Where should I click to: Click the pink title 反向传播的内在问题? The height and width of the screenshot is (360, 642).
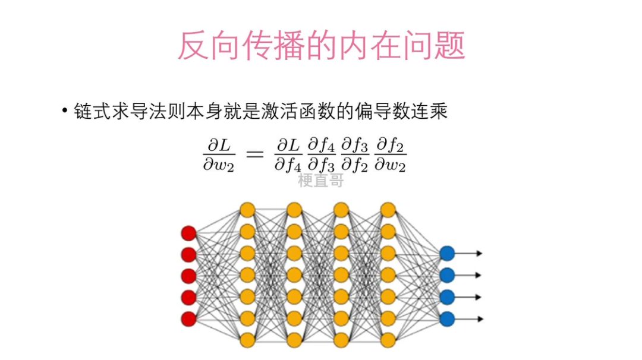[321, 45]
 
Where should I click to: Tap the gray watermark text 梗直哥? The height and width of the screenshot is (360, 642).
[321, 181]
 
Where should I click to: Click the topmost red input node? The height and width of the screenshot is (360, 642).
[188, 232]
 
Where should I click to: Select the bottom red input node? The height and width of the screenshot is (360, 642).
[188, 318]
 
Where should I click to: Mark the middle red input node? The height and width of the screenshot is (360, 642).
[188, 276]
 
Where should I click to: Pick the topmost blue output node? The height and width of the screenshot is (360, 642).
[447, 254]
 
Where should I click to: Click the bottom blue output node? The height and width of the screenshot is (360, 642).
[447, 318]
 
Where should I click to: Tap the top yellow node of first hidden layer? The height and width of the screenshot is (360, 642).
[247, 210]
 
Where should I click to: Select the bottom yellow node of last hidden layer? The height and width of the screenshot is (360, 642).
[388, 340]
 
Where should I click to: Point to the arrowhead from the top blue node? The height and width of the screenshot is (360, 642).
[479, 254]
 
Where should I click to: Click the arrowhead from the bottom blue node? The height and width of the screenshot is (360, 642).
[479, 318]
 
